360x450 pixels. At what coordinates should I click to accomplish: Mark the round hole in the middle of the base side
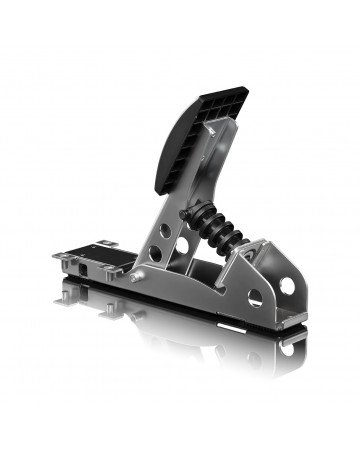[254, 297]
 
